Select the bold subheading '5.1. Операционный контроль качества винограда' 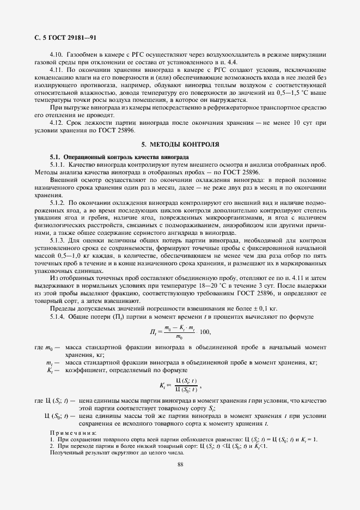click(x=119, y=157)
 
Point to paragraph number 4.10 click(x=56, y=54)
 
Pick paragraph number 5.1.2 click(x=58, y=202)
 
